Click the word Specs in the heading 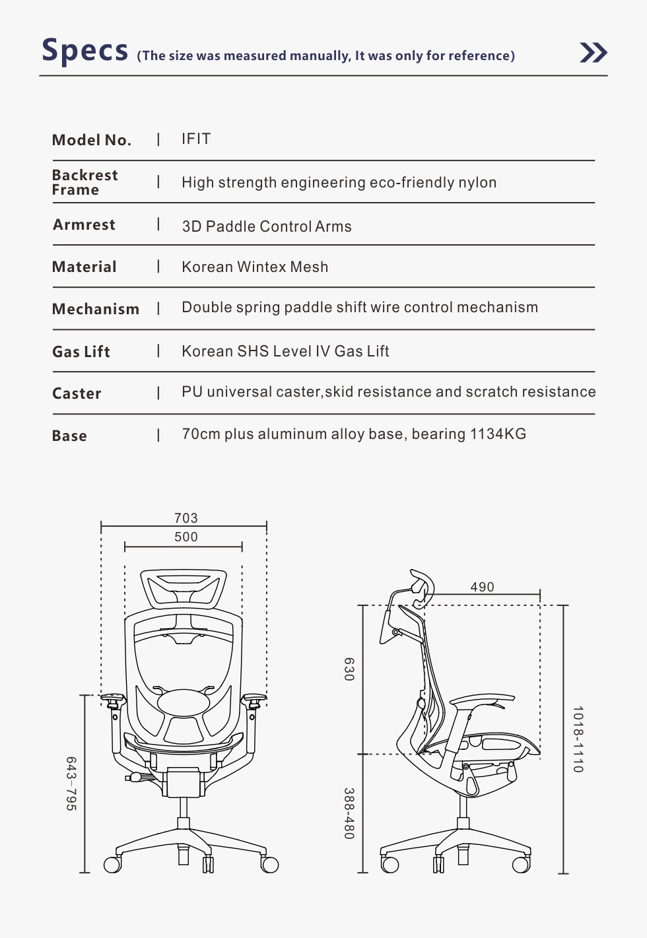[x=85, y=50]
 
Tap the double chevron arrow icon [x=593, y=52]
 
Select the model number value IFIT [x=196, y=139]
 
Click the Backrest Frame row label [x=85, y=182]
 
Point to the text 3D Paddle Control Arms [x=267, y=226]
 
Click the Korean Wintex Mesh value [x=255, y=267]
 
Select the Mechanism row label [x=96, y=309]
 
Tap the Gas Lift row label [x=81, y=352]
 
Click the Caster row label [x=77, y=393]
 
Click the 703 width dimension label [x=186, y=518]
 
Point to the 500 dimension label [x=186, y=537]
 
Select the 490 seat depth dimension [x=482, y=587]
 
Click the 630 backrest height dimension [x=349, y=669]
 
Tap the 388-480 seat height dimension [x=349, y=813]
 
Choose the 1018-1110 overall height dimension [x=578, y=739]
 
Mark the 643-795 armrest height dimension [x=71, y=784]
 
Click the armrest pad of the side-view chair [x=482, y=700]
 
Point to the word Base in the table [x=69, y=436]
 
